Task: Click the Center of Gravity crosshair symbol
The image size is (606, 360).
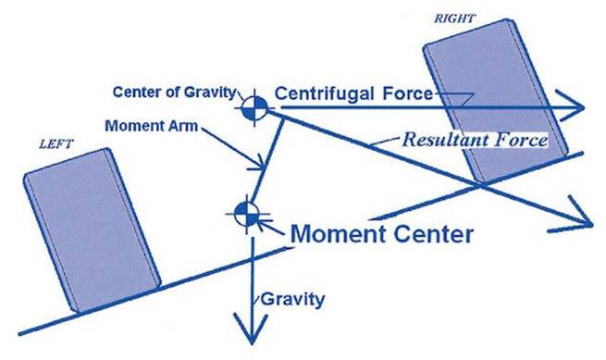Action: coord(254,108)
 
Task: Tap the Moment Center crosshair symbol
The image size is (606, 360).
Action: coord(247,214)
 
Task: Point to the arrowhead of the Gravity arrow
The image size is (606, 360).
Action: coord(252,328)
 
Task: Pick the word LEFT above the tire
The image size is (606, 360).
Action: coord(56,144)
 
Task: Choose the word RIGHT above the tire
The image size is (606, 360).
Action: coord(453,19)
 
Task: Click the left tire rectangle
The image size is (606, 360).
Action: coord(92,230)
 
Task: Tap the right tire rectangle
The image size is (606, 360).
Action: coord(495,101)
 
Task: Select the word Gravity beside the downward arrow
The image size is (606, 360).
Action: coord(292,300)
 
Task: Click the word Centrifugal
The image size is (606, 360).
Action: coord(324,93)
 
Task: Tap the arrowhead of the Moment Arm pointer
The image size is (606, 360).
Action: coord(258,164)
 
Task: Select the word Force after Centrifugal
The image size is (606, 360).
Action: coord(407,93)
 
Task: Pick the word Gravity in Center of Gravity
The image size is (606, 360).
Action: coord(210,93)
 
